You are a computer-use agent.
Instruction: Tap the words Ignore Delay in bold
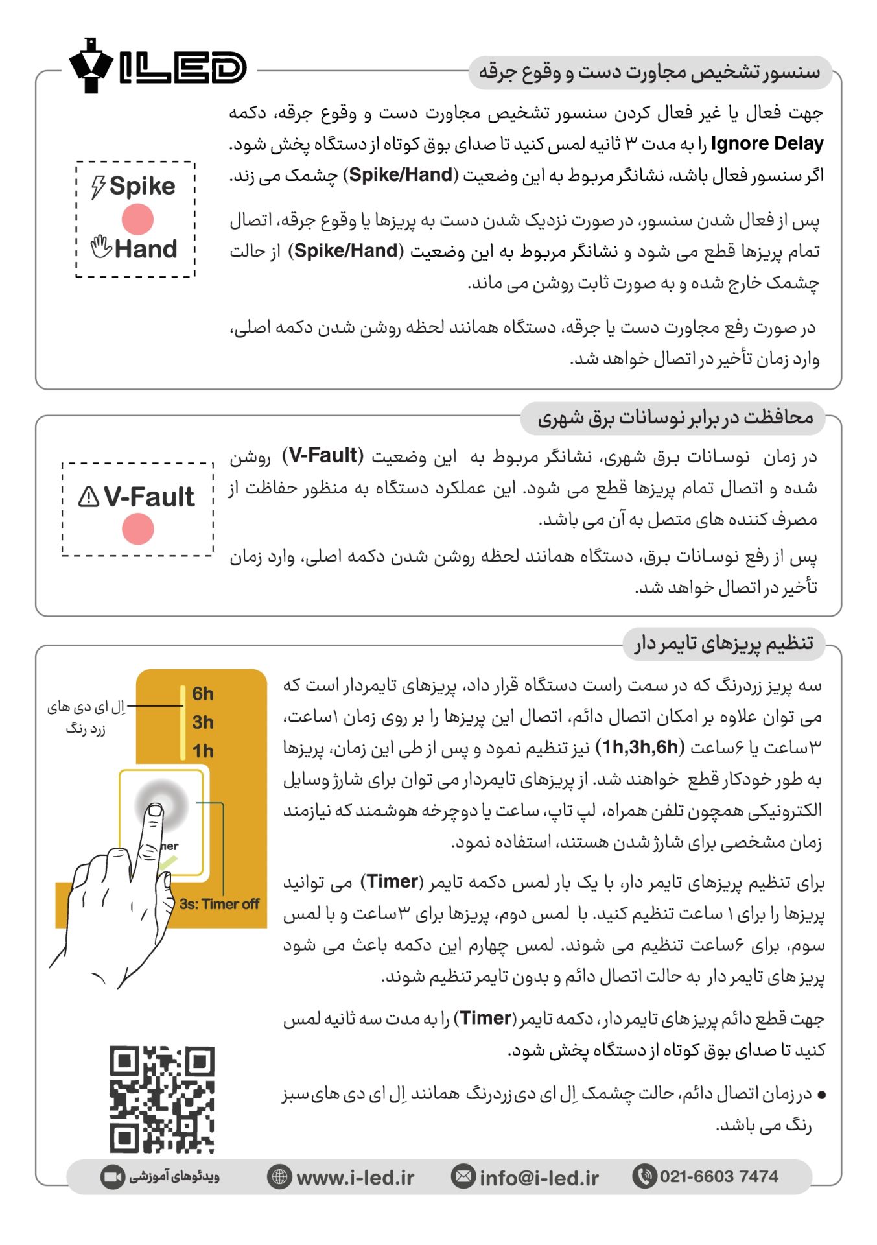767,143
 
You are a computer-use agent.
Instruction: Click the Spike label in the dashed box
142,186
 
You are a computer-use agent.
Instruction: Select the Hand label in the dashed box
146,249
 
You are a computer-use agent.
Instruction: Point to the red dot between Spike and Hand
137,219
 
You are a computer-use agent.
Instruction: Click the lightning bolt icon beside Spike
98,187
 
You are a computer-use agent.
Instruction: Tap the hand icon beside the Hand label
101,246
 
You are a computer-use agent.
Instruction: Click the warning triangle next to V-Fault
89,497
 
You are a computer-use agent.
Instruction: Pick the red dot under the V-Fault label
137,528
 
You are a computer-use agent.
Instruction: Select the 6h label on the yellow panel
202,694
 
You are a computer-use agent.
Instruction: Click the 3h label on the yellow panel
202,722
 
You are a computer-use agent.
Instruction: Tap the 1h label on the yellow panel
202,751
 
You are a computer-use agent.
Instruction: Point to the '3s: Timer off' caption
219,904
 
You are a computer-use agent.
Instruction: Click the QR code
161,1099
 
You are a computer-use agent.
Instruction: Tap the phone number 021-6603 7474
719,1176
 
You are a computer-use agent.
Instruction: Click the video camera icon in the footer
112,1177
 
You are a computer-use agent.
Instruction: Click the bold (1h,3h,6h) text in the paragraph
640,748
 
